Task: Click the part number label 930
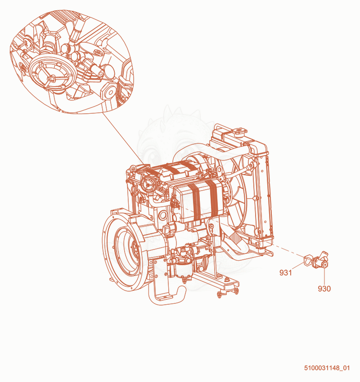[x=324, y=289]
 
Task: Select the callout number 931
[x=286, y=273]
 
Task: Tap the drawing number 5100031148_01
[x=327, y=368]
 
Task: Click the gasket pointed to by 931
[x=308, y=259]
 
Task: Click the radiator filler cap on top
[x=239, y=131]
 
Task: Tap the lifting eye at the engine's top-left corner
[x=132, y=168]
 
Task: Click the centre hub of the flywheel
[x=134, y=250]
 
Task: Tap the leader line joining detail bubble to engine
[x=123, y=138]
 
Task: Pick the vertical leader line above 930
[x=324, y=277]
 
